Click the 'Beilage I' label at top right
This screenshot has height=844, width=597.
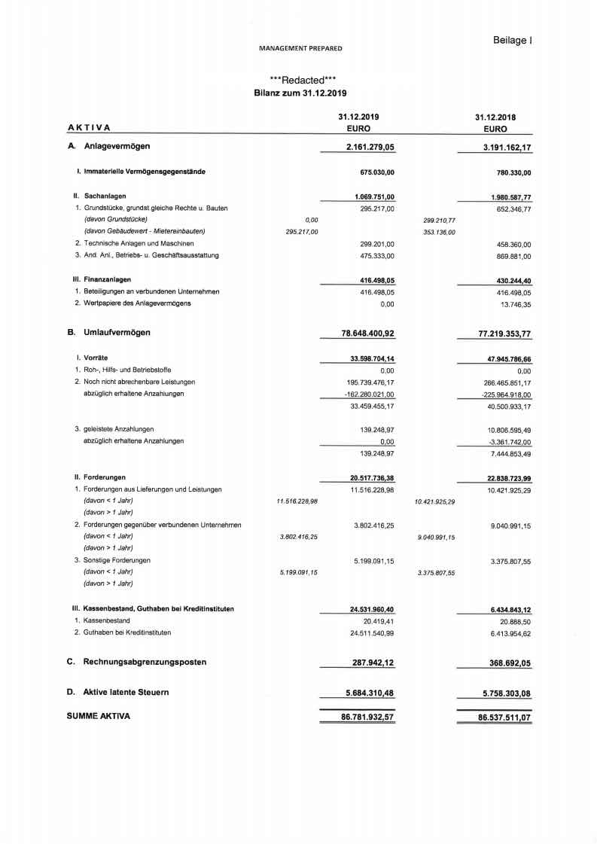[513, 40]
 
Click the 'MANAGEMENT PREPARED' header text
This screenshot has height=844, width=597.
[300, 48]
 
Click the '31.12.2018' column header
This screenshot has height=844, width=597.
[495, 117]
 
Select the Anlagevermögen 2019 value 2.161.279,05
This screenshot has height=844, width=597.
[370, 146]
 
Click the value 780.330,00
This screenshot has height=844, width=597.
[510, 172]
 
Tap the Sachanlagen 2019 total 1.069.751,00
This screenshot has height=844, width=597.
[374, 197]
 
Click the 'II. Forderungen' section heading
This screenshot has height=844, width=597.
[99, 477]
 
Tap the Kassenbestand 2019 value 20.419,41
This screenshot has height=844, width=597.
[379, 620]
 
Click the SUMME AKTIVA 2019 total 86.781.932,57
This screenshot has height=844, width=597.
[367, 718]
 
